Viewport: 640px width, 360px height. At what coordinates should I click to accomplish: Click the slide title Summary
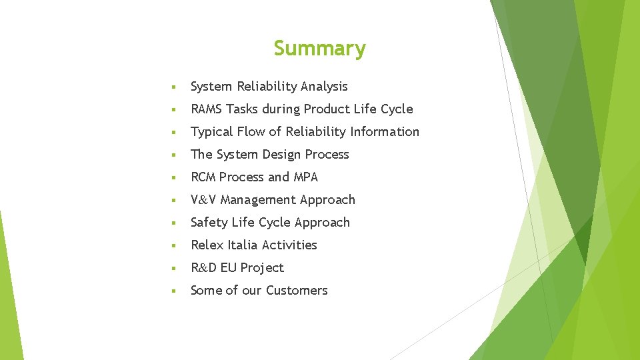click(319, 49)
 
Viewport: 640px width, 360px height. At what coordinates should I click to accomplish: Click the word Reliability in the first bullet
click(265, 87)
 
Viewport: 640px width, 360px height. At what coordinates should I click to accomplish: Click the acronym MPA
click(306, 177)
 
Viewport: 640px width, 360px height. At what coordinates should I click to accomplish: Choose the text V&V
click(203, 200)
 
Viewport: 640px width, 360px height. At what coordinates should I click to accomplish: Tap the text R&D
click(203, 268)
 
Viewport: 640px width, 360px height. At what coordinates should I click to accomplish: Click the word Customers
click(297, 291)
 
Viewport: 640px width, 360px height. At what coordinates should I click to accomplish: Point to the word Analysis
click(324, 87)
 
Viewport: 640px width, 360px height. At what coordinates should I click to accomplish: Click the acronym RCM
click(203, 177)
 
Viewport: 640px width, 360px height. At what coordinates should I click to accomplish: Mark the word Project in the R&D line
click(262, 268)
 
